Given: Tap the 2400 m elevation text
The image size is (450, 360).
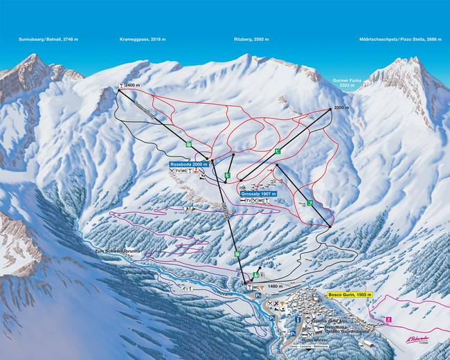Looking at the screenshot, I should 133,85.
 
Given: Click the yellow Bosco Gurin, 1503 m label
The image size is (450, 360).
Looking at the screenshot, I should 350,295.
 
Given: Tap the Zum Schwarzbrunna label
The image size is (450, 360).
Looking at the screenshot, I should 114,253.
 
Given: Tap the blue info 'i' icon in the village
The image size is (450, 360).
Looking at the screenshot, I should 298,320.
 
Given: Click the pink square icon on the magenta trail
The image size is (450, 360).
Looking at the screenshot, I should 388,320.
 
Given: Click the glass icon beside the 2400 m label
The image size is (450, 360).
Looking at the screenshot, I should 121,85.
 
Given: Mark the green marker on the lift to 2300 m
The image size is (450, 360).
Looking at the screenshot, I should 277,150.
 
